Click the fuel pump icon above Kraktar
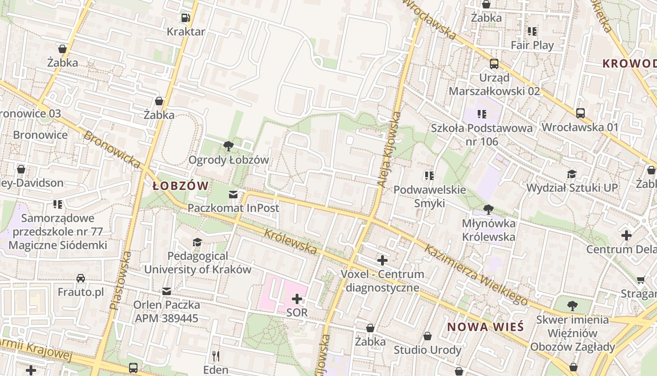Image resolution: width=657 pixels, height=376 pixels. tap(186, 18)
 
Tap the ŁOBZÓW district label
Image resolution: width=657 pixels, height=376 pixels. tap(181, 186)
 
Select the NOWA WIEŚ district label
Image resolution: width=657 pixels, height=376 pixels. tap(485, 327)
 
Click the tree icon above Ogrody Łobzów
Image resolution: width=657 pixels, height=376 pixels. tap(229, 146)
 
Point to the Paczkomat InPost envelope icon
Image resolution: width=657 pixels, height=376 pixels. tap(233, 194)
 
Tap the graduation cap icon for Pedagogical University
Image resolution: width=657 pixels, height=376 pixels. tap(198, 242)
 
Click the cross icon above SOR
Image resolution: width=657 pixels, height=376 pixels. tap(297, 298)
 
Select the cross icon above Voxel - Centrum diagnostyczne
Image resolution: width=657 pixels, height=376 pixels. tap(382, 260)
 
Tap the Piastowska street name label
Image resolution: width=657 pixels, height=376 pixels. tap(120, 280)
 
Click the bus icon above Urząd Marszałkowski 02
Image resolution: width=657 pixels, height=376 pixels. tap(494, 64)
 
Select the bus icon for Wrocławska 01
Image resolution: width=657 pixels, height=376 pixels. tap(581, 113)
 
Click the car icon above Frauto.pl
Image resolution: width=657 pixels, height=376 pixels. tap(81, 278)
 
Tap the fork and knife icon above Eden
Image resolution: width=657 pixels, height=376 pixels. tap(216, 356)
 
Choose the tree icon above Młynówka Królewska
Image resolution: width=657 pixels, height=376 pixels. tap(489, 209)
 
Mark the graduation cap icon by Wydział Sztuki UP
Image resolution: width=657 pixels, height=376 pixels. tap(572, 174)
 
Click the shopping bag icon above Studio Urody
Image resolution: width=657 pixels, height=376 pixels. tap(428, 336)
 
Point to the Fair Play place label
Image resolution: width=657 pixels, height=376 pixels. tap(532, 45)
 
